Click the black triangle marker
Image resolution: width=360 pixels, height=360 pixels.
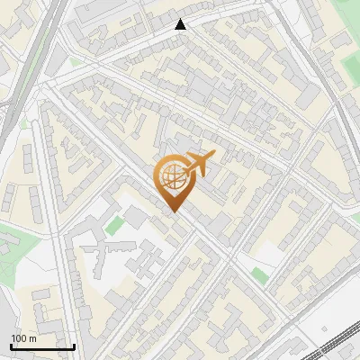(181, 24)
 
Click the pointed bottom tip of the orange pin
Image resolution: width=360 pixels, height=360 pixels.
(173, 211)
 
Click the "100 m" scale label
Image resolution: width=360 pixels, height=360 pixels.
(23, 337)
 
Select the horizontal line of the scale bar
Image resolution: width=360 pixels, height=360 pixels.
(42, 346)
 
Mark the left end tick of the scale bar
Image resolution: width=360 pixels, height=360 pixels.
(11, 345)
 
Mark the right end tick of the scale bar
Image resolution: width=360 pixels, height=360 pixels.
(74, 345)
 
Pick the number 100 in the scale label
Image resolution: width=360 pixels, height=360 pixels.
(19, 337)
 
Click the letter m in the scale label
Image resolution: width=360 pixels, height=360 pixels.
(31, 337)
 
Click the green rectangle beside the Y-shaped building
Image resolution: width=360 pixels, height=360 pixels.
(113, 225)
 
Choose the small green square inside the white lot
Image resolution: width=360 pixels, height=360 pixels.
(260, 275)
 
